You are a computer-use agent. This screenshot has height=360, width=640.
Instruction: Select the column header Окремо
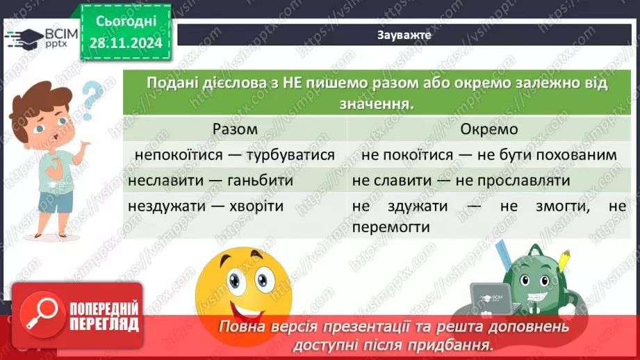[489, 129]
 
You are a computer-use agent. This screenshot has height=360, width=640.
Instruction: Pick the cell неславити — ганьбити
[211, 180]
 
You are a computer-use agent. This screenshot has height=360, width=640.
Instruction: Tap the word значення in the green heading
[368, 104]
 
